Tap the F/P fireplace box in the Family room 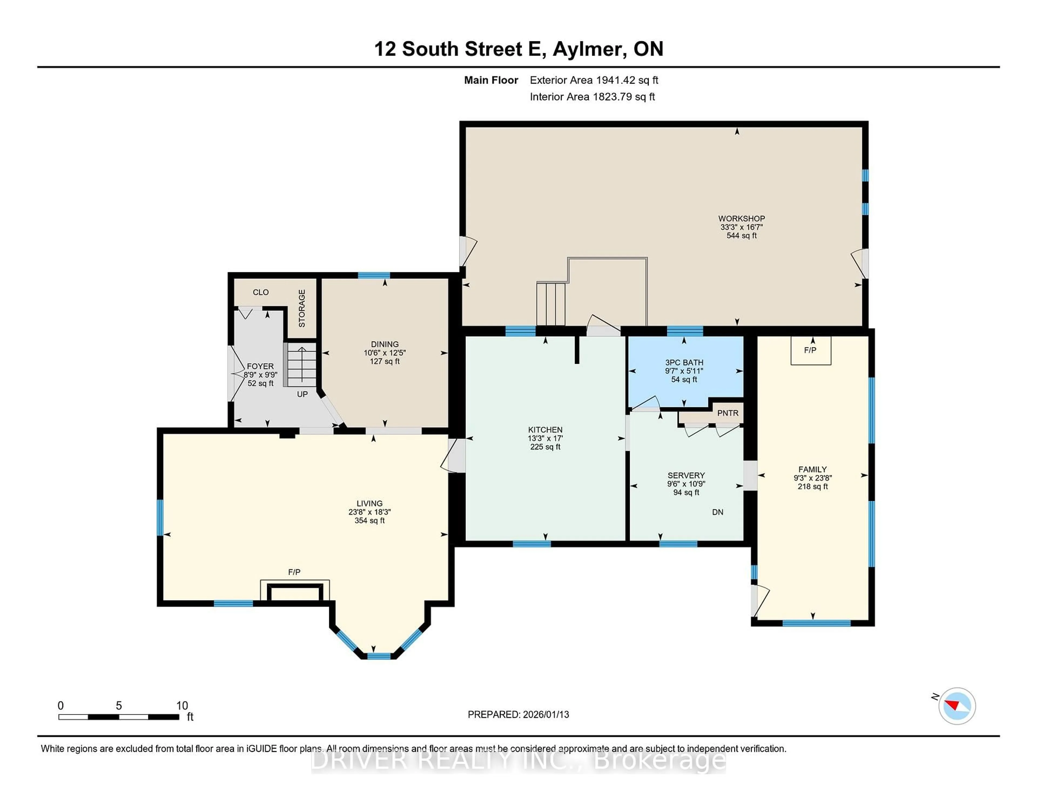coord(810,351)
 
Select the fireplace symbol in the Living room coord(294,592)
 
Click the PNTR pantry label coord(728,413)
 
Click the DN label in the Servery coord(718,512)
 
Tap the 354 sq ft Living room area coord(369,521)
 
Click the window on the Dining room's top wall coord(374,275)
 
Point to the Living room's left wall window coord(160,517)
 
